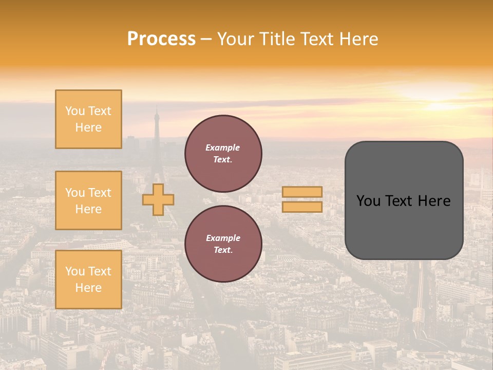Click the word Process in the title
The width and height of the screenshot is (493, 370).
tap(161, 39)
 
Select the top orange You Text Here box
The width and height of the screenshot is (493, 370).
tap(88, 119)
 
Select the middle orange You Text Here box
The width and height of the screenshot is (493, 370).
tap(88, 200)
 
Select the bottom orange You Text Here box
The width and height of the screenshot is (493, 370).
tap(88, 280)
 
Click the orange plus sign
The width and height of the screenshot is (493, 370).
tap(158, 199)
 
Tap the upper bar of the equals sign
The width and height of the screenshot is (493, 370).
tap(302, 192)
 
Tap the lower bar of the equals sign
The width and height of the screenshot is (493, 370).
tap(302, 207)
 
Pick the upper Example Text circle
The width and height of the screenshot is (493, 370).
tap(223, 154)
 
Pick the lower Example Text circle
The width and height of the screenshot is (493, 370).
tap(223, 244)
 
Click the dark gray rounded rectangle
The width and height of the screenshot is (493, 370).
tap(404, 200)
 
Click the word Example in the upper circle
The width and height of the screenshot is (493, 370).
tap(222, 147)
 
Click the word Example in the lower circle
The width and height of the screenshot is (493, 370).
tap(223, 238)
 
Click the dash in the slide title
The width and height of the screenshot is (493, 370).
tap(206, 39)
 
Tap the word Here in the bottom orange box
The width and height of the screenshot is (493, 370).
tap(88, 288)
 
